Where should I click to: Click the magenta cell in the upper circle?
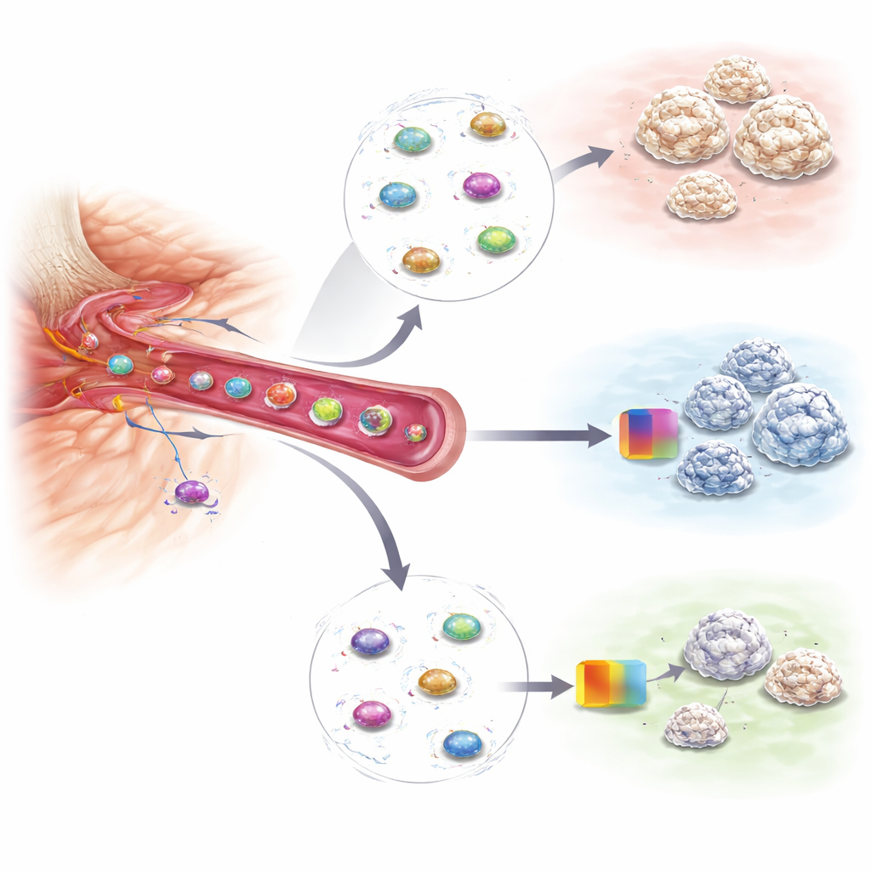pos(481,185)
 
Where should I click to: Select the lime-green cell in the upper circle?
pos(496,239)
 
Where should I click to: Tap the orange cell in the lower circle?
pos(437,680)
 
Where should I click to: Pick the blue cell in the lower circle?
pos(462,743)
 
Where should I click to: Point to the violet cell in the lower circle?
pos(370,640)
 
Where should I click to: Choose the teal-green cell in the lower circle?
pos(461,627)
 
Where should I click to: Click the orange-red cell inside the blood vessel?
pos(280,395)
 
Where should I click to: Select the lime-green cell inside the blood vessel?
pos(326,411)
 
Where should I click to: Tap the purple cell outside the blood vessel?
pos(192,492)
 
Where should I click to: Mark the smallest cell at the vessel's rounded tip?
pos(415,432)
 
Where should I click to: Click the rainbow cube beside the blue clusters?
pos(649,433)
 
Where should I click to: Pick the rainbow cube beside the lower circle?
pos(611,683)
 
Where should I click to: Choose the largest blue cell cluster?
pos(800,423)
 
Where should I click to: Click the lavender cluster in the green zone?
pos(727,644)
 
